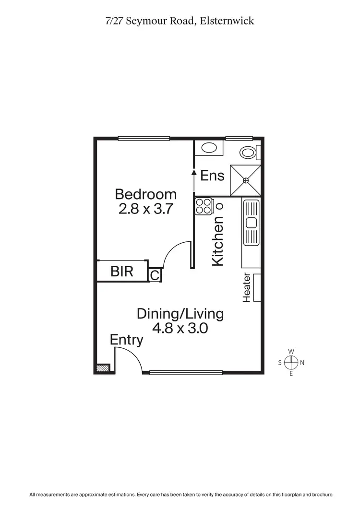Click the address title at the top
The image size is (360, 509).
[180, 21]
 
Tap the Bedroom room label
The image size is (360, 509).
[146, 194]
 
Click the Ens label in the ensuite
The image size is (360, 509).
[212, 176]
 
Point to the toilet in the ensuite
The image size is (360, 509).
[249, 153]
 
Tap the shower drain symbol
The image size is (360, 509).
[246, 180]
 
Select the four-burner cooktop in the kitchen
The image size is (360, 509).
[203, 206]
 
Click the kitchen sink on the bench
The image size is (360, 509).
[251, 222]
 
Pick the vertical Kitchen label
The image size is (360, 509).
[218, 241]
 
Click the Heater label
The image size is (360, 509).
[247, 288]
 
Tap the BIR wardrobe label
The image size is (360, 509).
[122, 272]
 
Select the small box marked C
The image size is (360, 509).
[155, 276]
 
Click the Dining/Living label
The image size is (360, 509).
[180, 314]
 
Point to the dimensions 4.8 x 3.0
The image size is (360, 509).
[180, 329]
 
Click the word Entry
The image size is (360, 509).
[127, 340]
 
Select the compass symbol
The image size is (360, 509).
[291, 363]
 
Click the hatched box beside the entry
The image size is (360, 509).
[102, 368]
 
